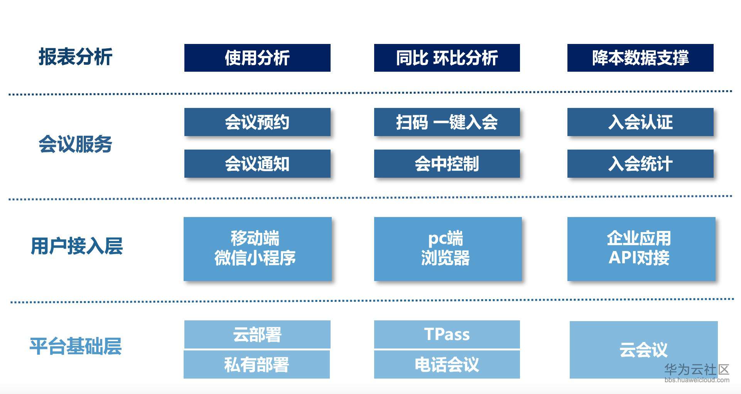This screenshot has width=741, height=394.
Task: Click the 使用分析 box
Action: click(257, 58)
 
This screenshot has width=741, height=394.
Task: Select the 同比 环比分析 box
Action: click(447, 58)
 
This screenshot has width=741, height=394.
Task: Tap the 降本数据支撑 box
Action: click(640, 58)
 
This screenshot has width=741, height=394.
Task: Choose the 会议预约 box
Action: click(257, 122)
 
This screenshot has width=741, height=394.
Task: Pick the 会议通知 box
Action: click(257, 164)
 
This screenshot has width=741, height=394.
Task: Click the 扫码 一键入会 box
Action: click(447, 122)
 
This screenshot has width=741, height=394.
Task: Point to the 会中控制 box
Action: click(447, 164)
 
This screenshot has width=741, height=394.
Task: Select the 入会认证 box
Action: click(640, 122)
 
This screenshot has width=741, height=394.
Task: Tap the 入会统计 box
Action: click(640, 164)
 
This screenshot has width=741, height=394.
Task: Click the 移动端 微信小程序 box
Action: click(257, 249)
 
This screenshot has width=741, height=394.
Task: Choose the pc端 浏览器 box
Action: click(447, 249)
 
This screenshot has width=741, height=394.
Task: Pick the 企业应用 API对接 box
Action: click(641, 249)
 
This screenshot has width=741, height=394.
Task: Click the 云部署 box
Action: click(257, 334)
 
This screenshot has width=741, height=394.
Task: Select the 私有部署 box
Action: click(257, 365)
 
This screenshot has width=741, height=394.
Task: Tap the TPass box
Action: click(447, 334)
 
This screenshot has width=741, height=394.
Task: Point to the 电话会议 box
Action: click(447, 365)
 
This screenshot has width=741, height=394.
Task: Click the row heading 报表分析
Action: click(76, 57)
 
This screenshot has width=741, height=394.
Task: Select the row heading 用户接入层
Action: click(77, 246)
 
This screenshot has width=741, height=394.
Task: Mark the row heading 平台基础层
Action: click(76, 346)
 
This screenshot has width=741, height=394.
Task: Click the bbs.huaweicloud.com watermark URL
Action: click(697, 380)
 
